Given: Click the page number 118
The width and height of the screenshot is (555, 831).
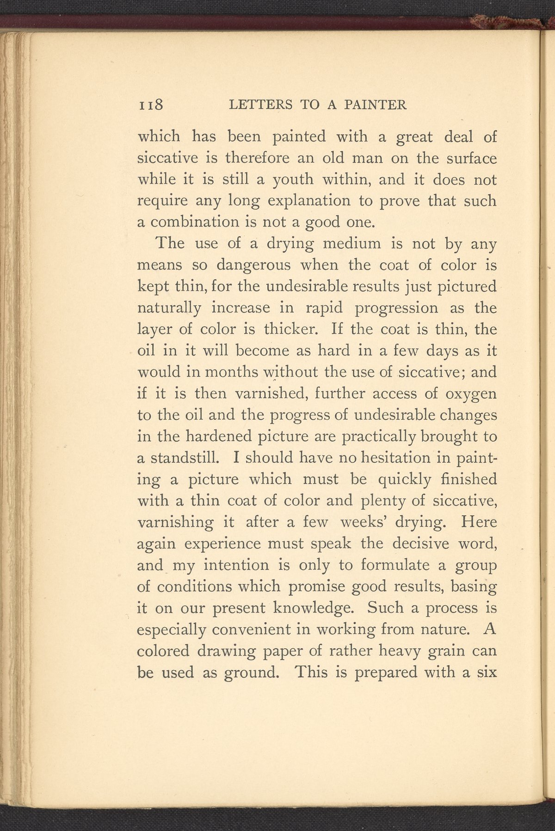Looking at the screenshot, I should point(151,105).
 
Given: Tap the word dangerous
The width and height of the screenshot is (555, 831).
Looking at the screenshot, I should point(254,265).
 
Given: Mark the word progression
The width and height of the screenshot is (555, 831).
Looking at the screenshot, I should point(396,308).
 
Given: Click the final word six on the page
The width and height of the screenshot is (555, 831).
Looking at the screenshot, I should point(486,671).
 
